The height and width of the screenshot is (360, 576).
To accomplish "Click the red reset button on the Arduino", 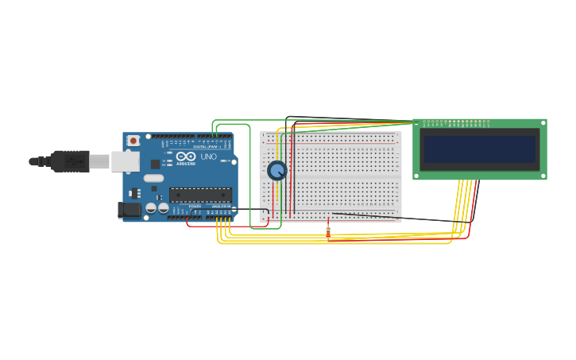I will pos(133,141).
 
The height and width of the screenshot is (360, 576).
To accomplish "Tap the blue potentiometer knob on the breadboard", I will pos(276,170).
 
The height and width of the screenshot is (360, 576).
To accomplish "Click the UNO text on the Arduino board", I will pos(208,157).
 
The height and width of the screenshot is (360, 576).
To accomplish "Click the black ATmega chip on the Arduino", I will pos(200,195).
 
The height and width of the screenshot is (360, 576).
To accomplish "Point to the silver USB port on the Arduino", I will pos(124,161).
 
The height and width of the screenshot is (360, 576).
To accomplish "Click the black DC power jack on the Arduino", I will pos(129,210).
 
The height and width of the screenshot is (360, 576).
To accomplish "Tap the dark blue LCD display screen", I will pos(479,149).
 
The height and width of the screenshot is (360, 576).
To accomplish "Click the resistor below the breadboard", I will pos(328,231).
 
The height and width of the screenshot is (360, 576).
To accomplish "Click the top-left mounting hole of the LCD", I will pos(417,123).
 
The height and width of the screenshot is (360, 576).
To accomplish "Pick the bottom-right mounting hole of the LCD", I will pos(543,176).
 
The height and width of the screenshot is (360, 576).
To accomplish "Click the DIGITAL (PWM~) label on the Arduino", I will pos(207,146).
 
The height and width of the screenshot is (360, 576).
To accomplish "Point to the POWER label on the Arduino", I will pos(195,207).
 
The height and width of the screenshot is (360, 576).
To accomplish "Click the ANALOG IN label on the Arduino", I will pos(222,207).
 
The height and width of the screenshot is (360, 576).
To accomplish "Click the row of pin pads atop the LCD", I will pos(456,123).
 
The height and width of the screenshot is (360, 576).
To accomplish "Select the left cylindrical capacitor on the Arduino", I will pos(151,208).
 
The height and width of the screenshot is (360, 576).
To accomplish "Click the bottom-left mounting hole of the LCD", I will pos(417,176).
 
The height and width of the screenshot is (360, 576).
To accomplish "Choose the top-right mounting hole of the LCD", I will pos(543,123).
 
